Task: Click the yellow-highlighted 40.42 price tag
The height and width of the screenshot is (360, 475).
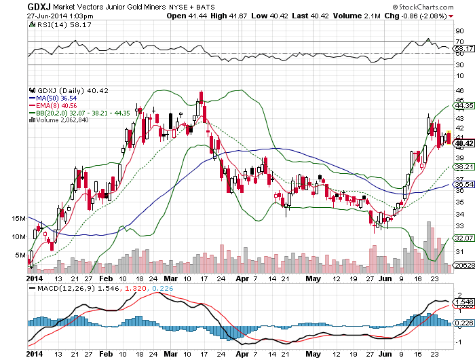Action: [x=464, y=143]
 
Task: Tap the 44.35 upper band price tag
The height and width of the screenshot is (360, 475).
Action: [x=464, y=106]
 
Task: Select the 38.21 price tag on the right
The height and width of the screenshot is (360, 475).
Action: [x=464, y=166]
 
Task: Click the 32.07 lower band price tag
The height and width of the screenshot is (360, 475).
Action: [x=464, y=238]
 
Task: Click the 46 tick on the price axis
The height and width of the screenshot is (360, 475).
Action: [x=459, y=90]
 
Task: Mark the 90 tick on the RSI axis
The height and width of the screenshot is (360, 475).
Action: [x=459, y=31]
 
